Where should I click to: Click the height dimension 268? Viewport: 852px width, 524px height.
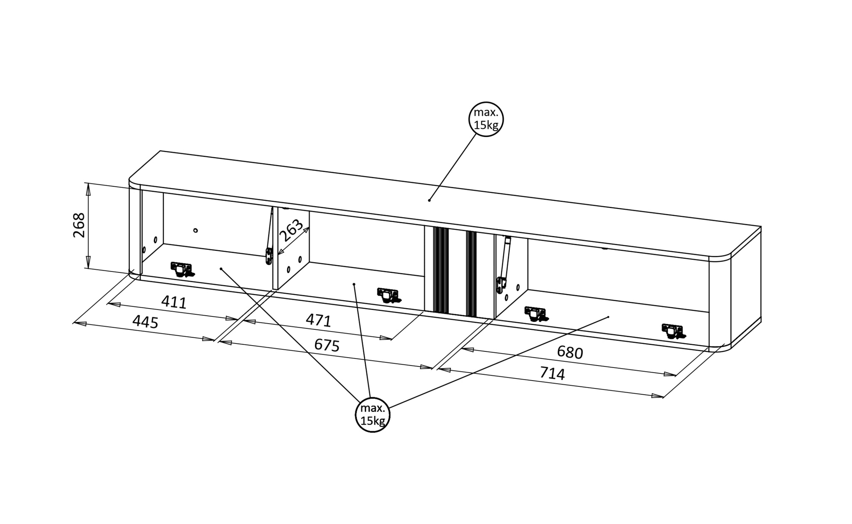pos(79,225)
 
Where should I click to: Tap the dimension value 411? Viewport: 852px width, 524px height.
pos(174,302)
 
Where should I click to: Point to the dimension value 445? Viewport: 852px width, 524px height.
pos(145,321)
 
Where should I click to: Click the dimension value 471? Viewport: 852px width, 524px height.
pos(318,320)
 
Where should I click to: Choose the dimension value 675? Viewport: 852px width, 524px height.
pos(327,345)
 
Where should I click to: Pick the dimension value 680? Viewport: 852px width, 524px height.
pos(570,352)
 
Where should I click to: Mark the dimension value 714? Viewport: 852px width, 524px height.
pos(552,373)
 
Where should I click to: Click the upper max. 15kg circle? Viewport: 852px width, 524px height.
pos(486,119)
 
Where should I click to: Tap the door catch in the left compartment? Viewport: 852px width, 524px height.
pos(182,269)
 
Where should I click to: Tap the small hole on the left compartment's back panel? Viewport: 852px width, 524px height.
pos(196,230)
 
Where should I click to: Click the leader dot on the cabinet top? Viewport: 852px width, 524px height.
pos(429,200)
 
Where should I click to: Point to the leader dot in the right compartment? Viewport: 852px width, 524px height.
pos(608,317)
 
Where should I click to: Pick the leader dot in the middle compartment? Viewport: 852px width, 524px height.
pos(354,284)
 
